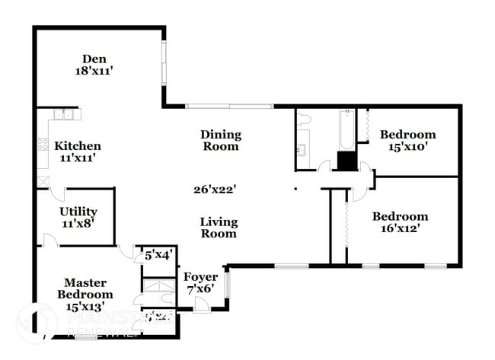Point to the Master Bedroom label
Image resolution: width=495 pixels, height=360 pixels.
[88, 294]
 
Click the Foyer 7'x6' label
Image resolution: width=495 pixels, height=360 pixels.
[201, 283]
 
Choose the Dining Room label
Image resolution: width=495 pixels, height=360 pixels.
[220, 140]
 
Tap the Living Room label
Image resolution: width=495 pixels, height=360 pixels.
[219, 228]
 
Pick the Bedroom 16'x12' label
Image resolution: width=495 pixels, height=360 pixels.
[400, 222]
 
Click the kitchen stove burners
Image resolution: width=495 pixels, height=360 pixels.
[43, 142]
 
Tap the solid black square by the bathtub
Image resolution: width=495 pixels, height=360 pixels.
[346, 161]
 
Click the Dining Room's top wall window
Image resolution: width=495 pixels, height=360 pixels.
[229, 106]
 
